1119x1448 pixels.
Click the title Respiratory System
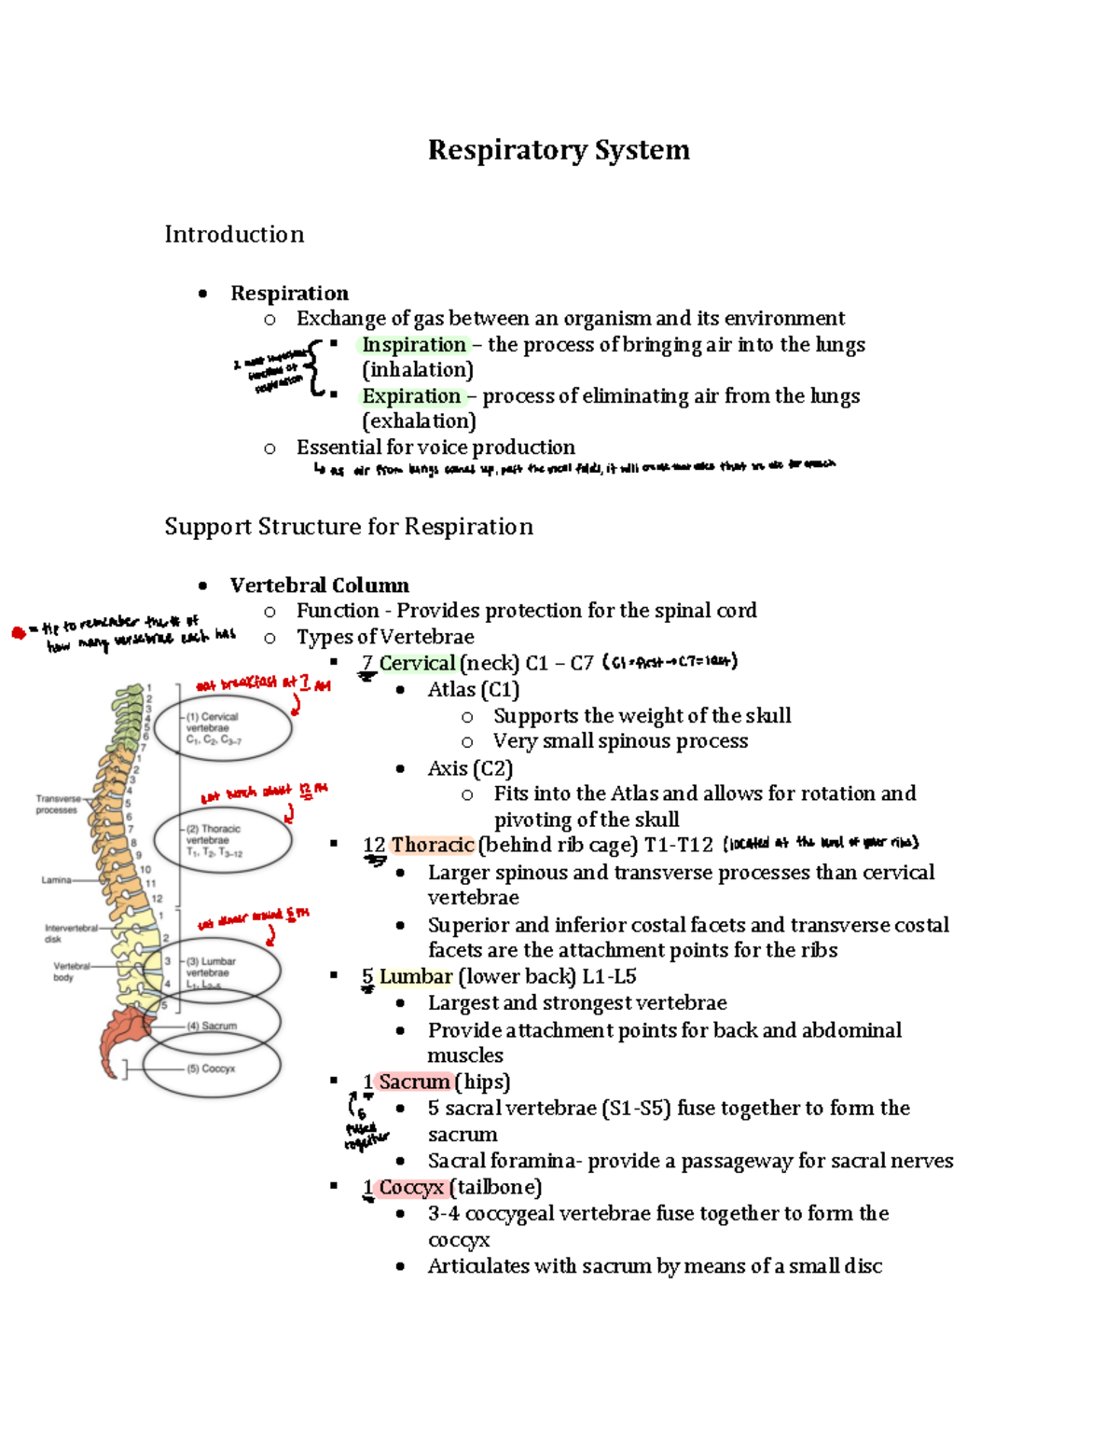click(559, 150)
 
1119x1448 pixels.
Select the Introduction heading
click(234, 234)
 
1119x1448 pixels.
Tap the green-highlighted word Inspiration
click(414, 345)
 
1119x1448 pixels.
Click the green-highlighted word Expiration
click(411, 396)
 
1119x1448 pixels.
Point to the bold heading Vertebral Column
click(319, 586)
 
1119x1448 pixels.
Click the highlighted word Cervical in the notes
click(417, 663)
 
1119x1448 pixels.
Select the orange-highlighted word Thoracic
click(433, 845)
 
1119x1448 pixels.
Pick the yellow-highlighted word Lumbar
click(415, 976)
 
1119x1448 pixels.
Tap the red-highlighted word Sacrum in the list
click(414, 1082)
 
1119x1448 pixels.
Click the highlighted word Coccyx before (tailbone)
click(411, 1187)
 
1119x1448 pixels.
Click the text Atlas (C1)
click(474, 690)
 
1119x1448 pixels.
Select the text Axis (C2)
click(470, 768)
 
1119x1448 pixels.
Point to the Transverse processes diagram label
click(57, 804)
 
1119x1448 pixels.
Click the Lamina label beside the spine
click(56, 879)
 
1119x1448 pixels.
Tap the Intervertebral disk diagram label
click(70, 933)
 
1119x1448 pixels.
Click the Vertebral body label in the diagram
click(71, 972)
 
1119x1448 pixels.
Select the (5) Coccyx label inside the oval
click(212, 1069)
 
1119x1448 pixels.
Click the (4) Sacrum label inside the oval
click(212, 1026)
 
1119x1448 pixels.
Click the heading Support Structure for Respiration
click(349, 527)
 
